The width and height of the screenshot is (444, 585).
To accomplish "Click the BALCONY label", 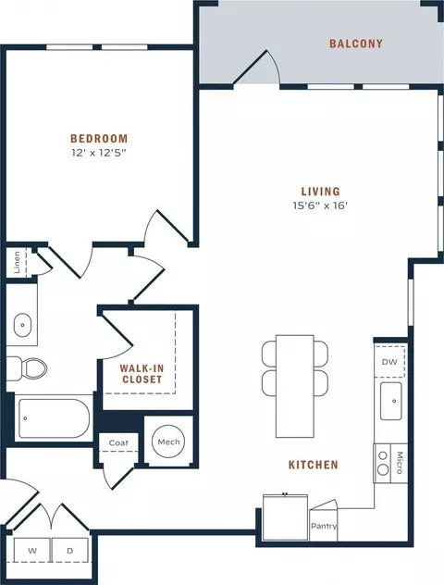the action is click(x=356, y=44).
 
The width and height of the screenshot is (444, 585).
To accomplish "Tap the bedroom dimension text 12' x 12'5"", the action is click(x=97, y=153).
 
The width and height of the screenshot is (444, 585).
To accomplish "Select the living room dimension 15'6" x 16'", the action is click(x=320, y=205).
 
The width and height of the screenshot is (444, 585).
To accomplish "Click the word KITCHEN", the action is click(x=314, y=465).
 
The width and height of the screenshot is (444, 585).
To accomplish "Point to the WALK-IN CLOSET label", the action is click(x=142, y=374).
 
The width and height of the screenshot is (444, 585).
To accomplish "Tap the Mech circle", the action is click(x=168, y=442).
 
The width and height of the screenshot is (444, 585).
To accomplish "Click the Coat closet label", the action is click(x=118, y=442).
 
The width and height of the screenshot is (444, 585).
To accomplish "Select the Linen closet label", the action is click(x=17, y=262).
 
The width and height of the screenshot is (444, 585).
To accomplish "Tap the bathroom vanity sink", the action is click(x=23, y=325).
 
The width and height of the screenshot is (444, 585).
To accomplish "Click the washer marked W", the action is click(x=32, y=551).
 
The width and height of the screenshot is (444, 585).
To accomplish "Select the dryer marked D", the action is click(x=70, y=551).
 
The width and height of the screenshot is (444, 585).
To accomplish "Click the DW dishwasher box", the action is click(x=389, y=362).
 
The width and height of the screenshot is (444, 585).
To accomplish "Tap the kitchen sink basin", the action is click(x=391, y=401).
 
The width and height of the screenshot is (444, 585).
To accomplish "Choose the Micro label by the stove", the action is click(x=400, y=463).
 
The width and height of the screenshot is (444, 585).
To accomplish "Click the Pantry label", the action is click(x=324, y=526).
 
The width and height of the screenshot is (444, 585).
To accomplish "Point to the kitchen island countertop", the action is click(x=295, y=386).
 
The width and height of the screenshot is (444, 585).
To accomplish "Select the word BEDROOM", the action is click(x=99, y=139).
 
